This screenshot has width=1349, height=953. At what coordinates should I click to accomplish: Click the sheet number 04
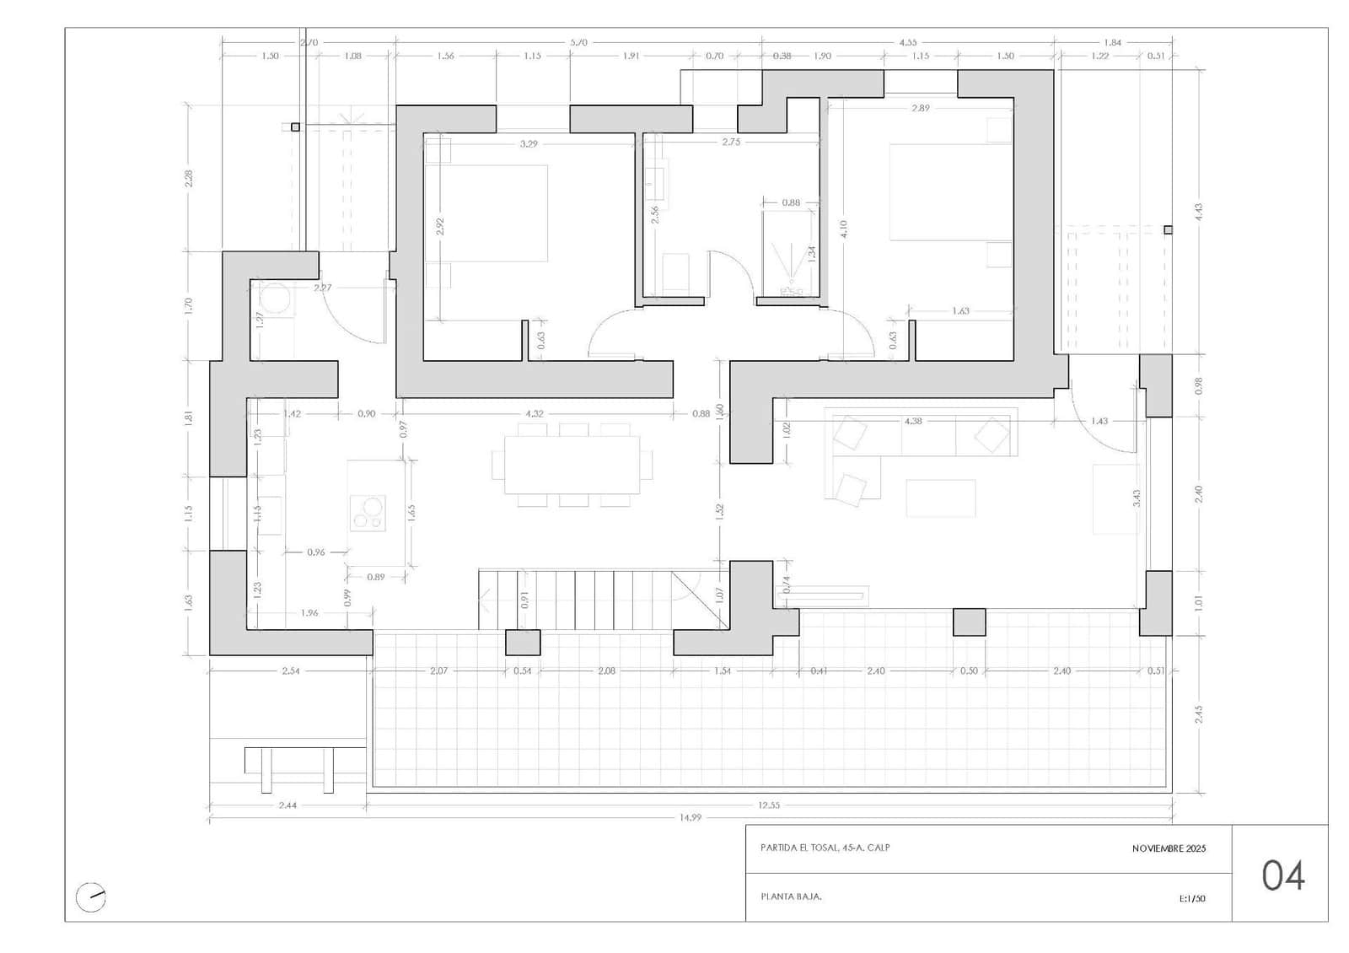[1283, 875]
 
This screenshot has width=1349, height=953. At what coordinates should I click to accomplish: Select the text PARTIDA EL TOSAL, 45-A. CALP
[825, 848]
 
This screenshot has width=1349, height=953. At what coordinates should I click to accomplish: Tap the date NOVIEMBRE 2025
[1169, 848]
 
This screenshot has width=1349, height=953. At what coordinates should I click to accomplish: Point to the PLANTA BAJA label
[791, 896]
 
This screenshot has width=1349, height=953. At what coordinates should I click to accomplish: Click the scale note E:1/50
[1192, 898]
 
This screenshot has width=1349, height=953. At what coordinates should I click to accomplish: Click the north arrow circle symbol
[90, 896]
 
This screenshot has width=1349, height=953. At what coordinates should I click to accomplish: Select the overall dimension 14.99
[690, 817]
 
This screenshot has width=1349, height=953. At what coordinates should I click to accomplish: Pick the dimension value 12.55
[768, 805]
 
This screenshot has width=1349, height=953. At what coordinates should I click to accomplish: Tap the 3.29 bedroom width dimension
[529, 144]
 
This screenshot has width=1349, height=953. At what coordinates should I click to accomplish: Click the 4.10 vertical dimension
[844, 229]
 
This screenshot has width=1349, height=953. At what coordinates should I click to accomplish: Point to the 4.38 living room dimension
[912, 420]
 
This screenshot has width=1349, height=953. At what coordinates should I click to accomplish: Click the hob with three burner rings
[368, 512]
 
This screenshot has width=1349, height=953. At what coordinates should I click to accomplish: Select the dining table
[572, 465]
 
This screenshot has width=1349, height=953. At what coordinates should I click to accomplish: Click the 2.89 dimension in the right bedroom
[920, 108]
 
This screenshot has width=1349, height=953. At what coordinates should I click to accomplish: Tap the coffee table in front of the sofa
[941, 498]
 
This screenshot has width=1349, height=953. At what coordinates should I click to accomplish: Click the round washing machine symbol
[274, 298]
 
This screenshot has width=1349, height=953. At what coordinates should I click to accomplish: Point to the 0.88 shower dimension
[790, 202]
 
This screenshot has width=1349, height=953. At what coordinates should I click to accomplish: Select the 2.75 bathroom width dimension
[731, 142]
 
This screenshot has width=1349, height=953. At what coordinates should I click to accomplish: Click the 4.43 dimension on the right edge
[1199, 212]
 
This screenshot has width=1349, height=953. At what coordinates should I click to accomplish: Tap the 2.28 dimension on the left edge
[189, 178]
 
